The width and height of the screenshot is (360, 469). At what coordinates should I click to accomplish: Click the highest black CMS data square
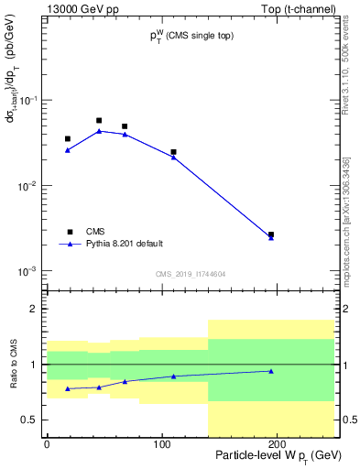(x=99, y=120)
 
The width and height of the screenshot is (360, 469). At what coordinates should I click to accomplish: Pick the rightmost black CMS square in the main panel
(x=271, y=234)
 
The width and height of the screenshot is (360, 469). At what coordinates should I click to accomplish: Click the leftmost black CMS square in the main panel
(x=68, y=139)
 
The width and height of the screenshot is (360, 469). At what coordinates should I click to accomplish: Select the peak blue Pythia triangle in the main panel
(x=99, y=131)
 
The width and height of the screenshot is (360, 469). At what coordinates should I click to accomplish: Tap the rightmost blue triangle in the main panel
(x=271, y=238)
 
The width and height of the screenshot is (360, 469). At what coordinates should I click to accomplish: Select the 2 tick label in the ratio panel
(x=34, y=309)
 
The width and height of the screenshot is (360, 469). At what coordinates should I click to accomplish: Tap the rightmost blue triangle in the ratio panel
(x=271, y=371)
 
